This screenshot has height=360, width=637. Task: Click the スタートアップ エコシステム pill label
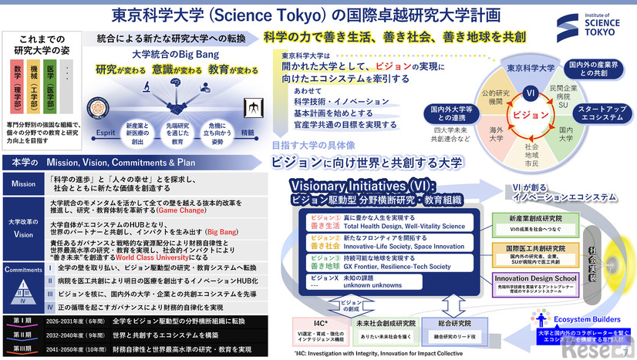pyautogui.click(x=602, y=113)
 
